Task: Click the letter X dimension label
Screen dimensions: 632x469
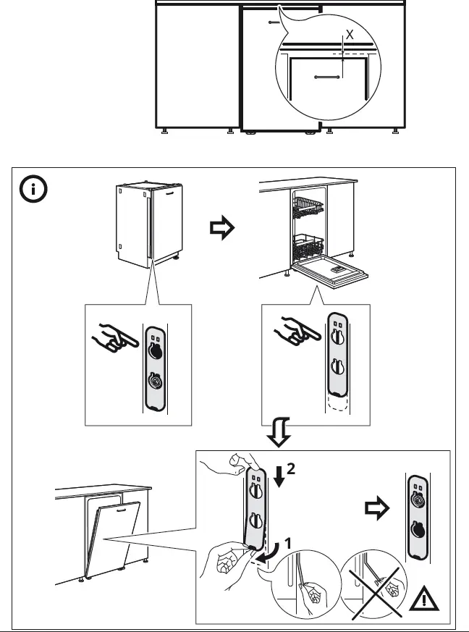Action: (350, 34)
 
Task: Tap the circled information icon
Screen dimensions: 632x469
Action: (33, 191)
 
